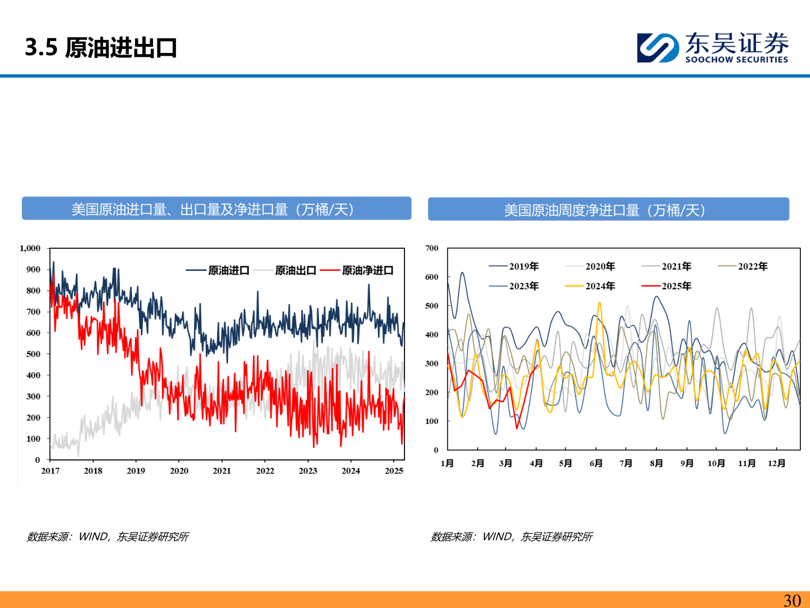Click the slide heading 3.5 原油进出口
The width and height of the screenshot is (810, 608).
[101, 48]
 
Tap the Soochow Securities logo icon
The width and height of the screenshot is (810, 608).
[657, 48]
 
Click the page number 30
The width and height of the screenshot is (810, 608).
[792, 600]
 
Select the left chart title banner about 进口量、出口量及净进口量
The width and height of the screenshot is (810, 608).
[216, 209]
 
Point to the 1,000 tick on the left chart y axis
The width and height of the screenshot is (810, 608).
[30, 248]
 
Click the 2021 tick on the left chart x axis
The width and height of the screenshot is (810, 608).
[222, 471]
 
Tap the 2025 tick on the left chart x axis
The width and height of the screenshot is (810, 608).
[394, 471]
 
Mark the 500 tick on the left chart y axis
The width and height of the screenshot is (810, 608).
[34, 354]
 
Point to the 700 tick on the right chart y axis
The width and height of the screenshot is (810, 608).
[431, 248]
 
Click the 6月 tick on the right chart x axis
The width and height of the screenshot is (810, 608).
[596, 463]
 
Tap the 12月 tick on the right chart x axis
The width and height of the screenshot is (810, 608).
[776, 463]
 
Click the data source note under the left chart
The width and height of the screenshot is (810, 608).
[107, 537]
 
